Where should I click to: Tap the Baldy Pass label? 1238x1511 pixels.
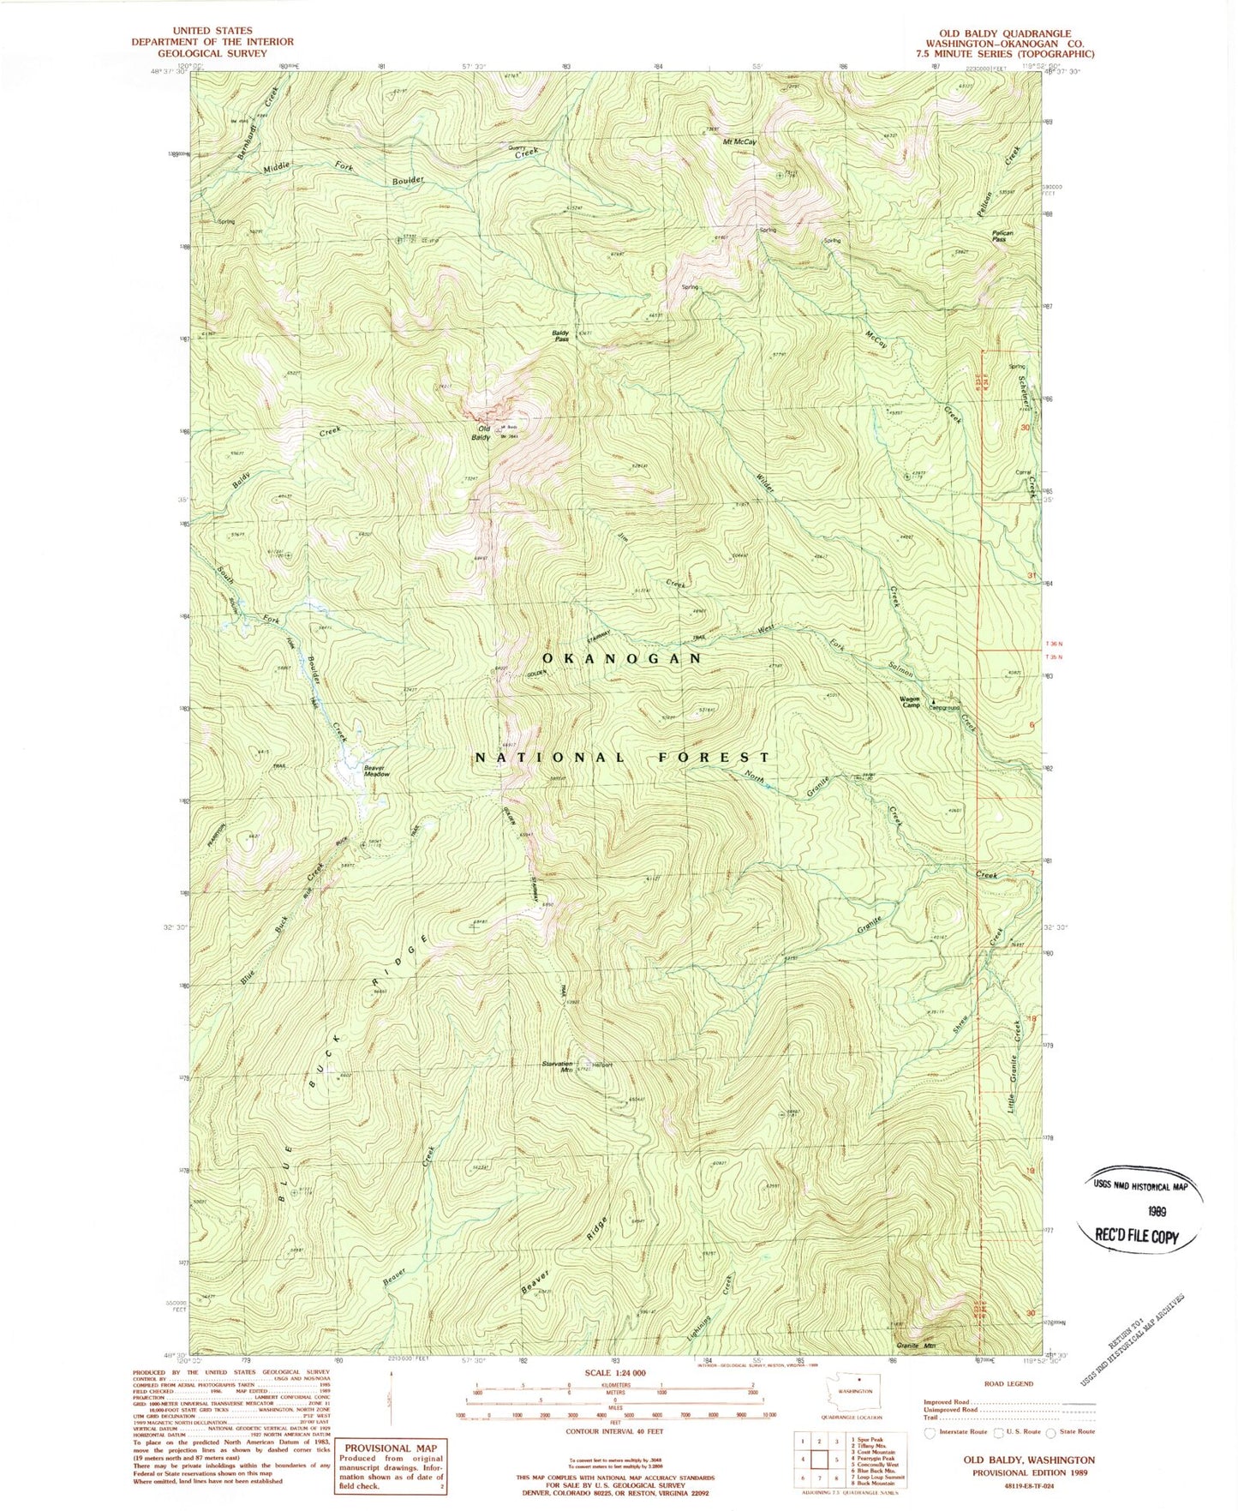pyautogui.click(x=560, y=335)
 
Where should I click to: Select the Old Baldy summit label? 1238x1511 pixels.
pyautogui.click(x=483, y=433)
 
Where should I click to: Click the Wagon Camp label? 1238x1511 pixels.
pyautogui.click(x=909, y=701)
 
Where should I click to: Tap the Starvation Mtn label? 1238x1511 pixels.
pyautogui.click(x=557, y=1066)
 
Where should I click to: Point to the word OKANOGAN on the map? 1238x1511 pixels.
pyautogui.click(x=622, y=658)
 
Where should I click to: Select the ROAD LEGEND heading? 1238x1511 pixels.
pyautogui.click(x=1008, y=1383)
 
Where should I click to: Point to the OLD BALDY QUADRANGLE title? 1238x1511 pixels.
pyautogui.click(x=1004, y=34)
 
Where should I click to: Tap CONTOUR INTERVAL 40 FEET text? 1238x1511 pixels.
pyautogui.click(x=615, y=1431)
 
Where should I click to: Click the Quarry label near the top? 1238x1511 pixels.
pyautogui.click(x=517, y=147)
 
